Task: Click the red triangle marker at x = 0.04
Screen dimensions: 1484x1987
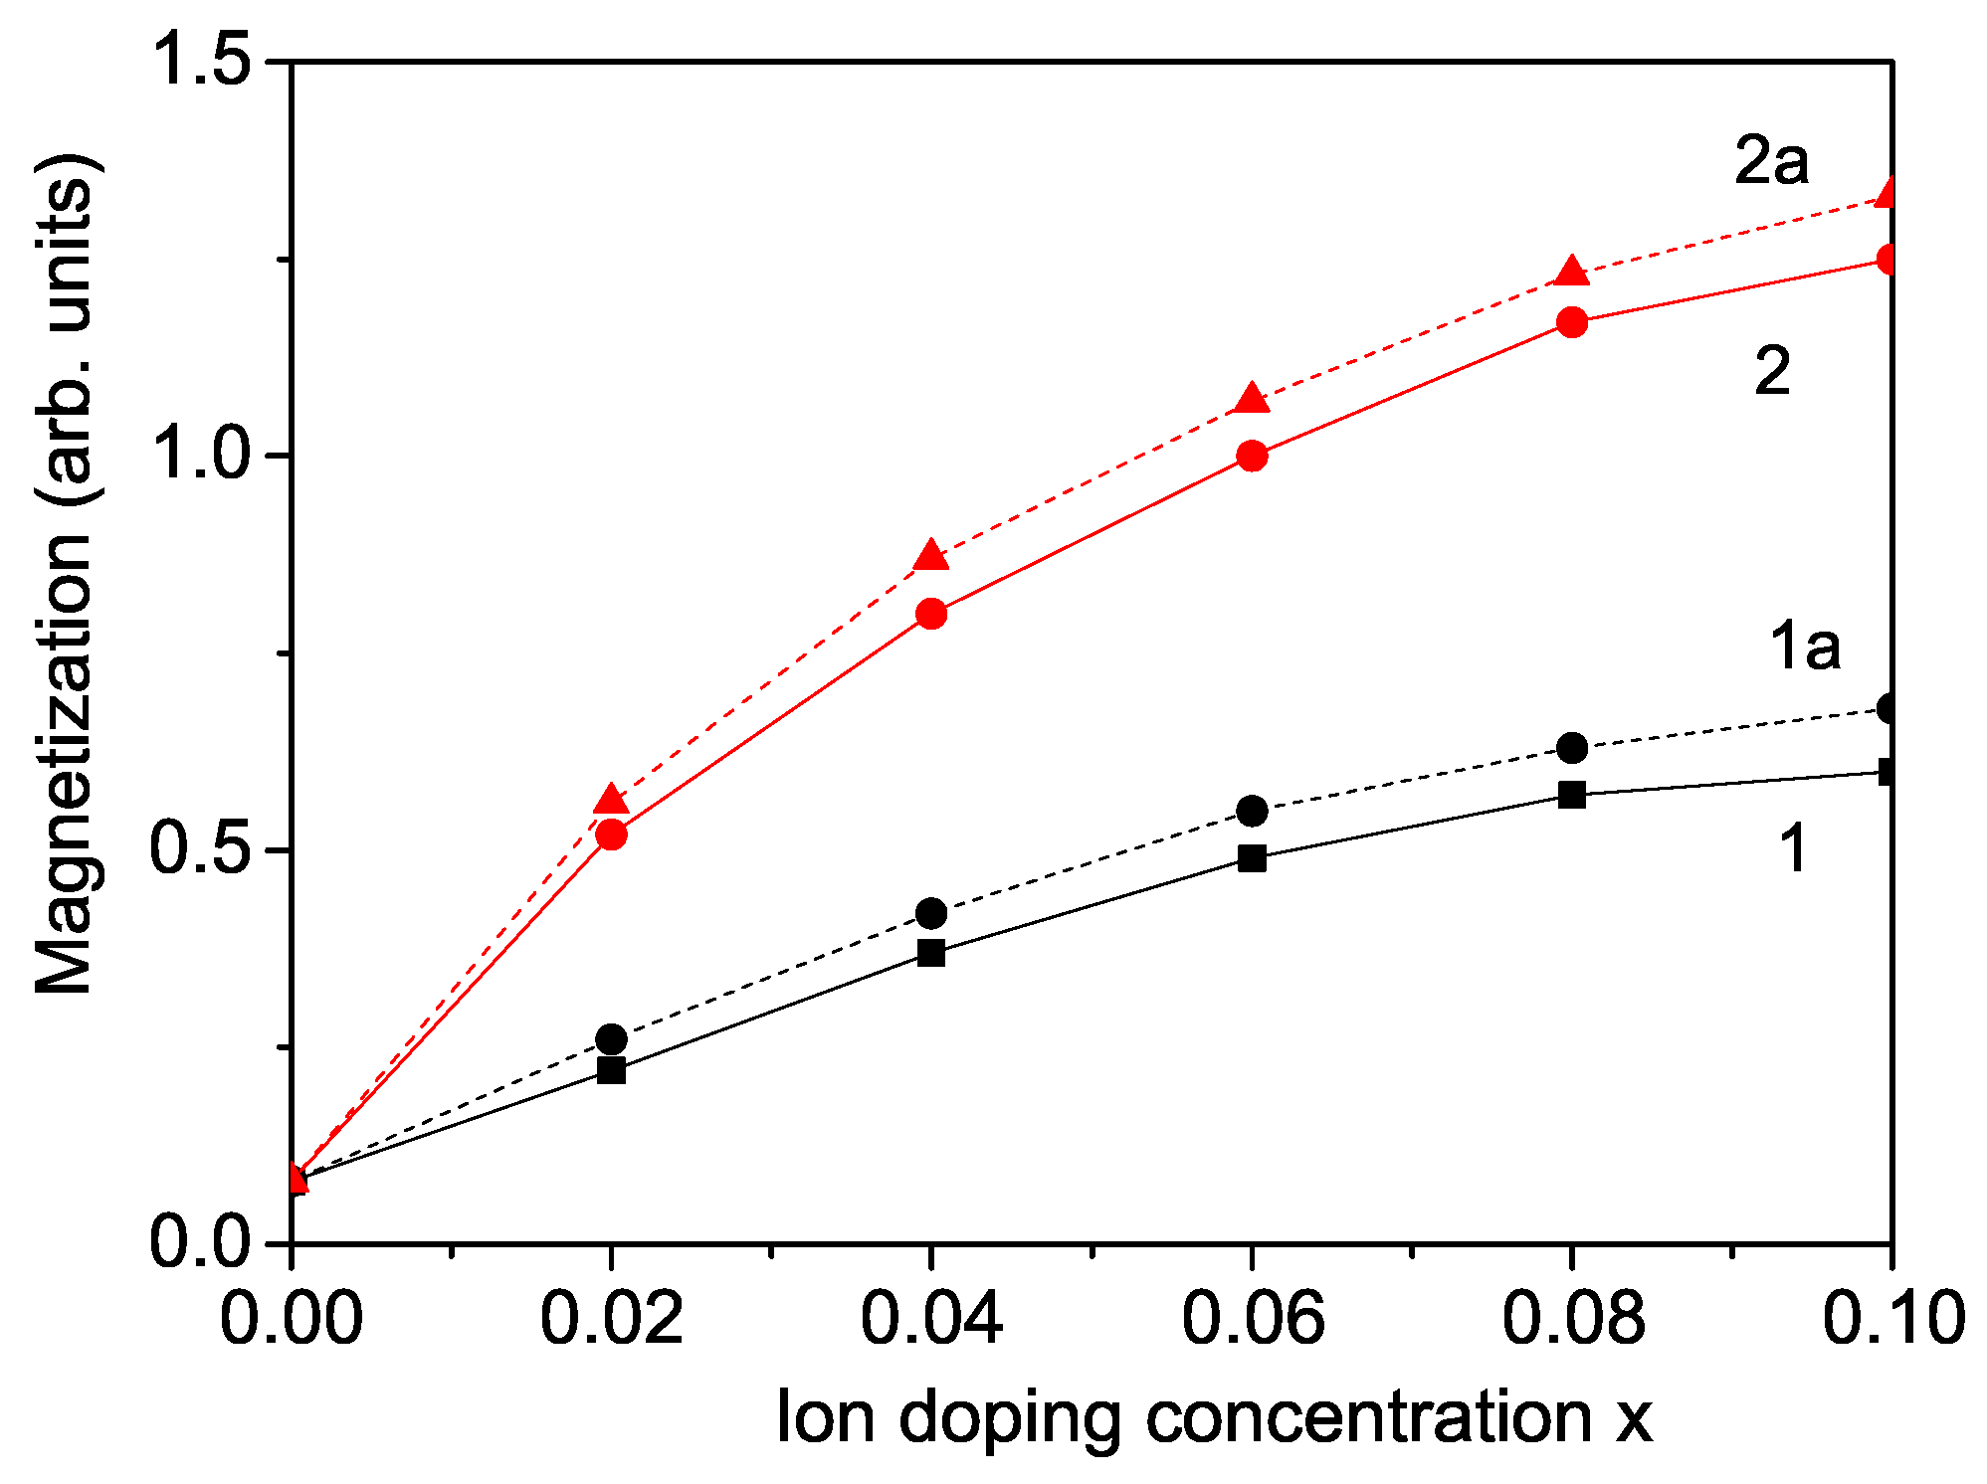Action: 930,556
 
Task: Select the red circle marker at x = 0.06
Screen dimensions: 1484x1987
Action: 1252,456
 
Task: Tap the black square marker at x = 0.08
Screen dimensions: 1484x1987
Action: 1571,795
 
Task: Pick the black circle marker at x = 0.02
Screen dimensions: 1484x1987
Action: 611,1039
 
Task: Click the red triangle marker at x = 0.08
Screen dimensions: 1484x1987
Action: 1571,272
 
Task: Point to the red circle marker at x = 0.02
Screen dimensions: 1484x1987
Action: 611,834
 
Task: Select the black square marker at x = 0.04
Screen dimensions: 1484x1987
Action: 930,952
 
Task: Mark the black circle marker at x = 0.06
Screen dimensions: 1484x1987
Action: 1252,811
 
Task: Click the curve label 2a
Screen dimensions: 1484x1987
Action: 1771,161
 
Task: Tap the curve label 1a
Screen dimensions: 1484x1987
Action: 1804,647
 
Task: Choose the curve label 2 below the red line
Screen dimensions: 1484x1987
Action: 1772,372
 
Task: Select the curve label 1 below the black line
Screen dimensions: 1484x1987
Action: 1793,849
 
